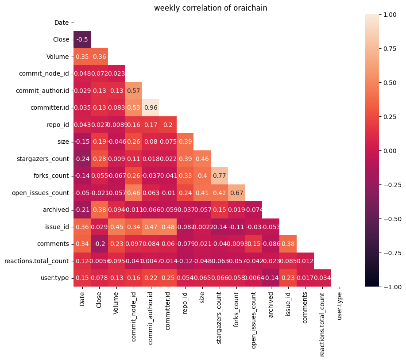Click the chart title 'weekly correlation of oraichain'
coord(210,8)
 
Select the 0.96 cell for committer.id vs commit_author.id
coord(151,107)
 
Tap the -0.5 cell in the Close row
coord(82,39)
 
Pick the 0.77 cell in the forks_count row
coord(220,176)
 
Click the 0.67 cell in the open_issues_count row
coord(236,193)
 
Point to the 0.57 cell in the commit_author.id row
coord(134,91)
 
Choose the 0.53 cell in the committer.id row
coord(134,107)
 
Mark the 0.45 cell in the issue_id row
coord(116,227)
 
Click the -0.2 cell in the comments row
coord(99,244)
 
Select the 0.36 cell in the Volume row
coord(99,57)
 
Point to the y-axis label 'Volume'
coord(58,57)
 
